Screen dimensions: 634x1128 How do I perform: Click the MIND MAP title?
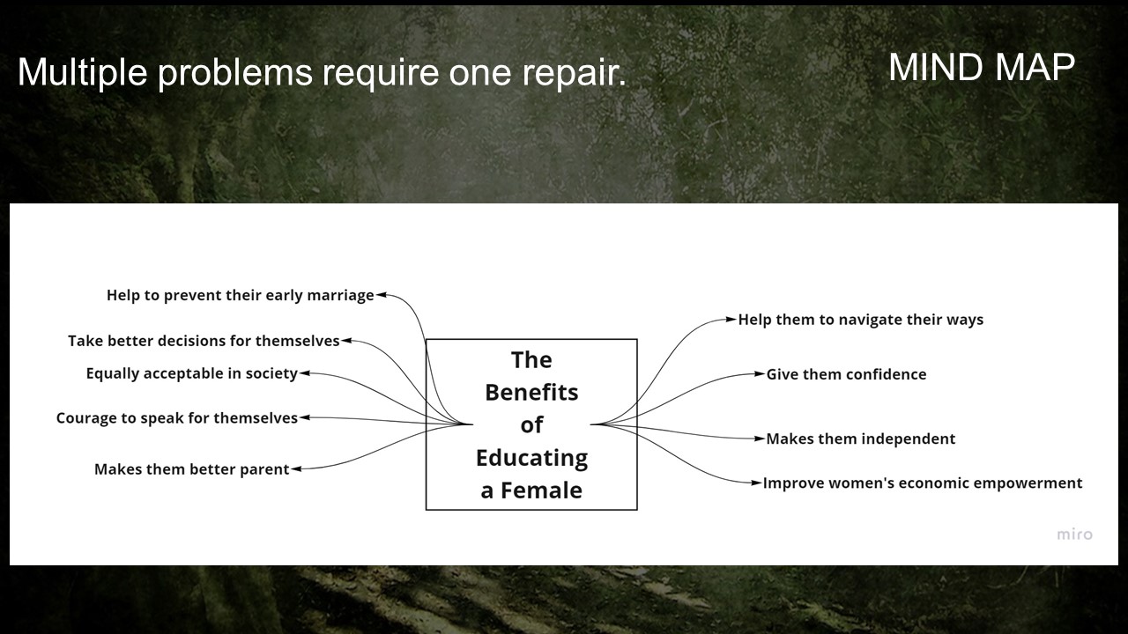[981, 67]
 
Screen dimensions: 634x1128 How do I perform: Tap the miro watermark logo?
[1074, 534]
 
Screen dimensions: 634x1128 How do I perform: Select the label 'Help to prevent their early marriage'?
[240, 296]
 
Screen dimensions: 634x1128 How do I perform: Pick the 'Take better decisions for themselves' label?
[204, 341]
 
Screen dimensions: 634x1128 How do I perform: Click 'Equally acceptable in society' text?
[191, 373]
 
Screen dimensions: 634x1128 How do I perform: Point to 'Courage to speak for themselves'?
[176, 418]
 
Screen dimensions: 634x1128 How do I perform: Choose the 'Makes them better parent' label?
[191, 469]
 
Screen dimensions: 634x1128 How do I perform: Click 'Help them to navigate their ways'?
[860, 320]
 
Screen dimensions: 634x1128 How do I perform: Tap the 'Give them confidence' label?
[846, 374]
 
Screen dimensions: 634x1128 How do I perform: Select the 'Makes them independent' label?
[860, 439]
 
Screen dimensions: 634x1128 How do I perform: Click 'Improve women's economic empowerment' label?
[922, 483]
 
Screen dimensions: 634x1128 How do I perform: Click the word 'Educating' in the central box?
[531, 458]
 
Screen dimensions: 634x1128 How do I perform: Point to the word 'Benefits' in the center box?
[531, 393]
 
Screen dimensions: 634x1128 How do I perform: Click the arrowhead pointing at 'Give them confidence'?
[760, 374]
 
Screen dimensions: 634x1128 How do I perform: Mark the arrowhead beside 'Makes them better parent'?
[297, 469]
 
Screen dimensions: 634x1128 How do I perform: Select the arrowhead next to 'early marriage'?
[382, 296]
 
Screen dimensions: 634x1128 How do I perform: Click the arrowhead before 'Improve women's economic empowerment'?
[756, 483]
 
